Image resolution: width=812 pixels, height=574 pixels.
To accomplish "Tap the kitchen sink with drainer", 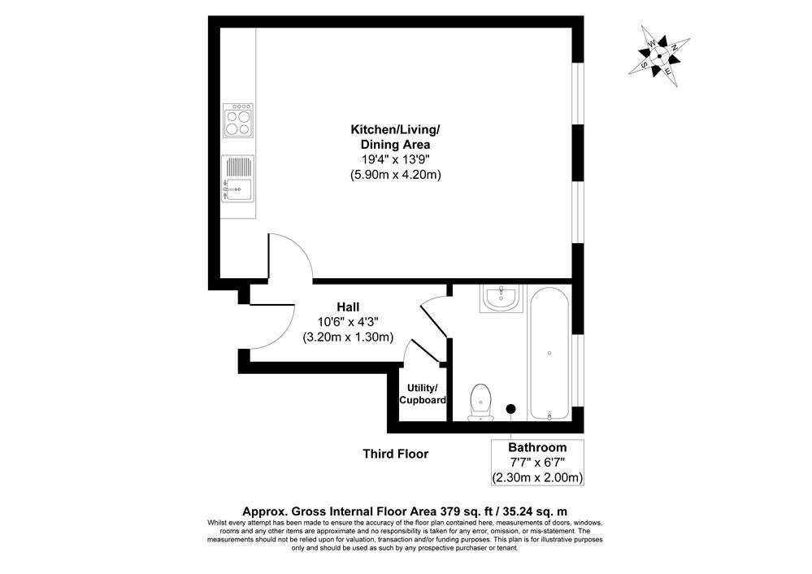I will click(237, 179).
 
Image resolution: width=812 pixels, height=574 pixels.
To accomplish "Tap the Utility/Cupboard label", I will click(423, 394).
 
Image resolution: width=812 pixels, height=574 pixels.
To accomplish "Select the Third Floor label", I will click(395, 454).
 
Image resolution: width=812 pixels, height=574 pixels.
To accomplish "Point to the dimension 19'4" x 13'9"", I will click(395, 159).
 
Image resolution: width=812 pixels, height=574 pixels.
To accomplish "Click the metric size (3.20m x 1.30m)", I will click(348, 337).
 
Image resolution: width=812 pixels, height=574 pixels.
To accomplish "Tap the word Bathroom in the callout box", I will click(537, 447).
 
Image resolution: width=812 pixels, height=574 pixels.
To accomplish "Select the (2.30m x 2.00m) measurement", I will click(537, 477).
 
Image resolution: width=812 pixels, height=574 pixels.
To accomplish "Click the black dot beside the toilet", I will click(511, 408).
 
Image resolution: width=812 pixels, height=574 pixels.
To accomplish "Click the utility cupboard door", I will click(427, 351).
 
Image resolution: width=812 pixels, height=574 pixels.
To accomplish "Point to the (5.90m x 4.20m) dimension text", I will click(395, 175).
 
